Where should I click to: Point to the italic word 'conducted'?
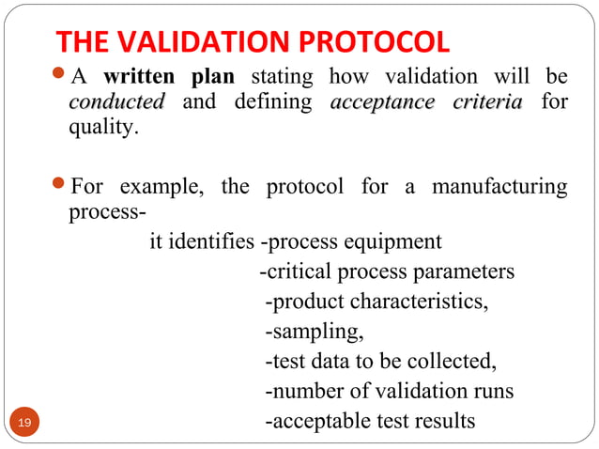(x=116, y=101)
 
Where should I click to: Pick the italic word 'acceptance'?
(x=382, y=101)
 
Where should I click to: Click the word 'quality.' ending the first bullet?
(x=104, y=128)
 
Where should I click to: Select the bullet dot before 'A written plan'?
(x=59, y=75)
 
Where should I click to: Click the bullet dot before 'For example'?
(x=59, y=186)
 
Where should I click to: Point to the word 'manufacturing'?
(x=499, y=187)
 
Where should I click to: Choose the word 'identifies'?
(x=211, y=242)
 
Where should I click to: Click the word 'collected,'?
(x=452, y=362)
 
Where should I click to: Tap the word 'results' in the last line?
(x=442, y=422)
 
